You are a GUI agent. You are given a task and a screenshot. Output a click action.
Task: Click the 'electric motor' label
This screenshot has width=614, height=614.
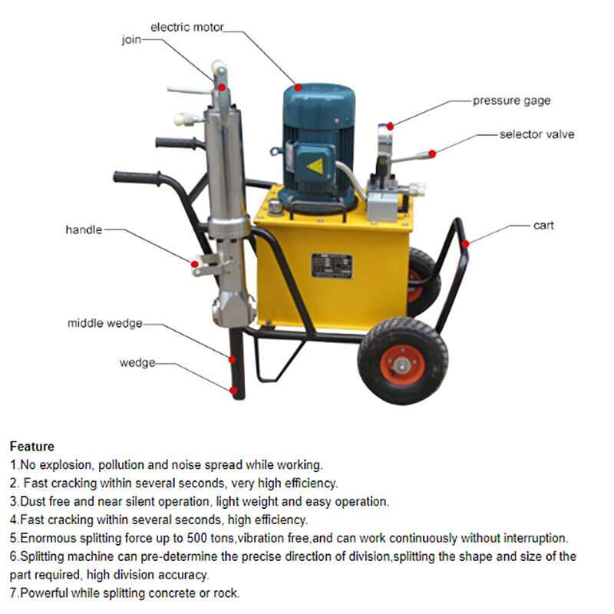point(187,28)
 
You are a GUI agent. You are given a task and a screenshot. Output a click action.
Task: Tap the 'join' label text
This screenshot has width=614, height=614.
point(131,40)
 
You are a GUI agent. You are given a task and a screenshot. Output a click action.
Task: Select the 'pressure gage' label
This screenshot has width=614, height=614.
point(511,101)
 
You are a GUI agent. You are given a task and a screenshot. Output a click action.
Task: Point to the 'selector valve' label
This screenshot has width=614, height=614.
point(536,134)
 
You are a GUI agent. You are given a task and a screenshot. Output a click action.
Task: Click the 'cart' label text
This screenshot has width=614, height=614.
point(543,226)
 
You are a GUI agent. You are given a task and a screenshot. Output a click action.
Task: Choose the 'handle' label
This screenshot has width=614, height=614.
point(84,229)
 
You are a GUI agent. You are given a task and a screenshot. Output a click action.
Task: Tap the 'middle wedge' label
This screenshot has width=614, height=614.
point(104,324)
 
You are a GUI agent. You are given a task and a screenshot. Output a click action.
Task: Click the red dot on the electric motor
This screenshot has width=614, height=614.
point(298,87)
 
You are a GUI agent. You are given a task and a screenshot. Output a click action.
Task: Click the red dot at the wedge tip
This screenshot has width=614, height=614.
point(233,390)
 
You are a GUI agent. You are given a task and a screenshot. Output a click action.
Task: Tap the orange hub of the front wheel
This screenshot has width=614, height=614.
point(402,364)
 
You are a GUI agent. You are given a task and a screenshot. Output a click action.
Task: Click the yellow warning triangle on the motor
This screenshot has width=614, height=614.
point(315,165)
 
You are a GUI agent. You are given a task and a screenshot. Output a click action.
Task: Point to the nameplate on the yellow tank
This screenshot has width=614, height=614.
point(332,266)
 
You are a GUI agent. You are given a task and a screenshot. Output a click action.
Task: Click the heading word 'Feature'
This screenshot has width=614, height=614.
point(31,447)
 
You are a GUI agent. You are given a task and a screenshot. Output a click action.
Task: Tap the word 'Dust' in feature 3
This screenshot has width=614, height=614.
point(33,501)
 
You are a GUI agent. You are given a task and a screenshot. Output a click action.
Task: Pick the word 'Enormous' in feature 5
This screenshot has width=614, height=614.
point(45,538)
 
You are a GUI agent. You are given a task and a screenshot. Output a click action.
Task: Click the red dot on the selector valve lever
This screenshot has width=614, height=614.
point(432,153)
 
